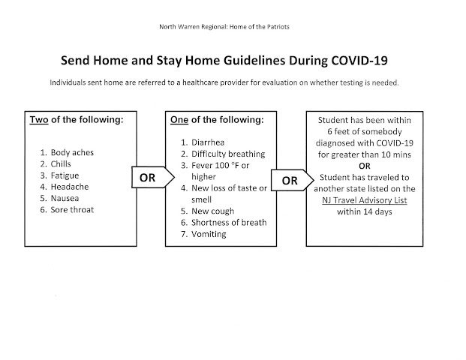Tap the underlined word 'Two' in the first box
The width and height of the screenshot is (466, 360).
click(38, 120)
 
